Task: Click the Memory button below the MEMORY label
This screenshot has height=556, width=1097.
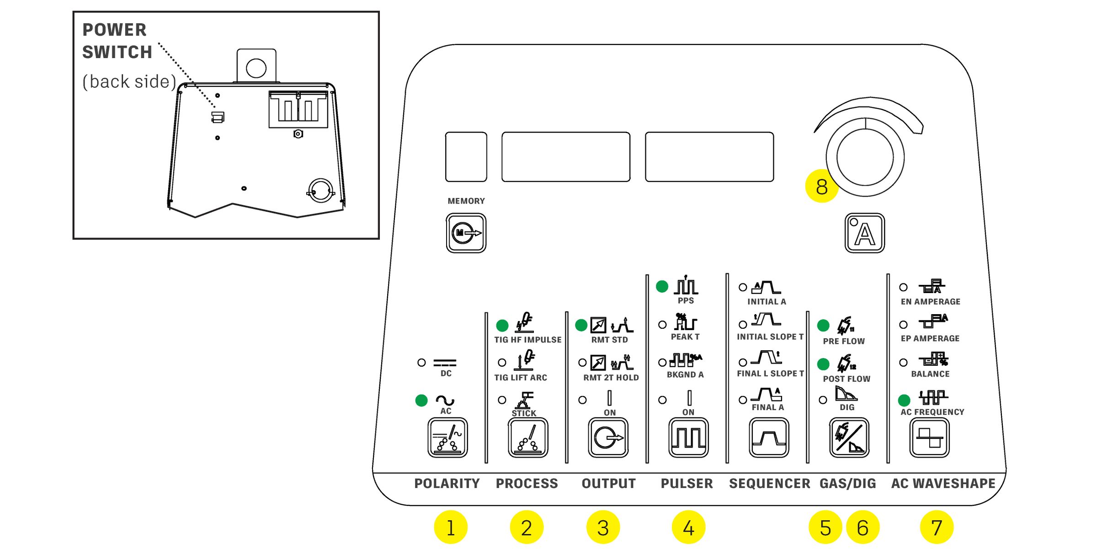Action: pos(466,233)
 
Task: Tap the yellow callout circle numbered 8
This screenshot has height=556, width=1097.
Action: pos(821,186)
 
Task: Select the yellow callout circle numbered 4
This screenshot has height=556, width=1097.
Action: pos(688,527)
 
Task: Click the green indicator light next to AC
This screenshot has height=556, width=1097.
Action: pos(421,401)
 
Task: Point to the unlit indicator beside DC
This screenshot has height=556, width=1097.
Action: pos(421,363)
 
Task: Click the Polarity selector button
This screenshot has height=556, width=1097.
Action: pos(447,438)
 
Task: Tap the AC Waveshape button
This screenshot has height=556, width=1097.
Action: pos(929,438)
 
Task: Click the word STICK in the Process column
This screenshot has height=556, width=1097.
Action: pos(524,413)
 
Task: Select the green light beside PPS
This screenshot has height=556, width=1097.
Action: pos(662,287)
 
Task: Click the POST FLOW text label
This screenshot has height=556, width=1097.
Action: pos(847,379)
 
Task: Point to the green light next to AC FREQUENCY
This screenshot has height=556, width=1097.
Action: pos(904,401)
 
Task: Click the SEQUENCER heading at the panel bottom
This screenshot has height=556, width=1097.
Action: pos(769,483)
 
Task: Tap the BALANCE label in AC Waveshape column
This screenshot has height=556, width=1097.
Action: pos(930,374)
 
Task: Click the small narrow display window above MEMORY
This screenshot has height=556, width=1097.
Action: pos(466,157)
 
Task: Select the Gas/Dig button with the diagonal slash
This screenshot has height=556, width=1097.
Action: pos(849,438)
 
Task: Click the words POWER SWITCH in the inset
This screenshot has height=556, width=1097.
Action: pos(117,41)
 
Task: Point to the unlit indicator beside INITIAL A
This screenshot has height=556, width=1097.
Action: pos(743,287)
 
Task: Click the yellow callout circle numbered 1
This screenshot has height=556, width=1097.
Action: pos(451,527)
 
